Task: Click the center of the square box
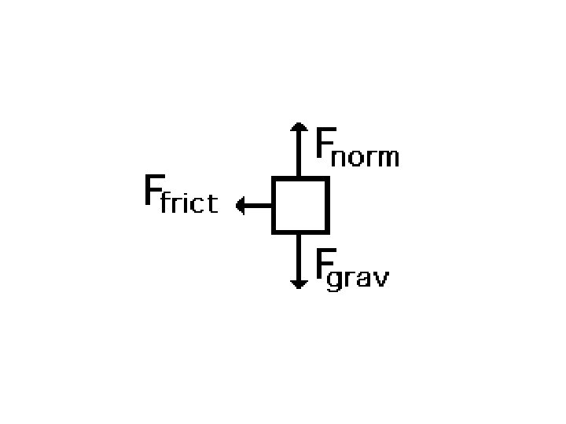pyautogui.click(x=300, y=205)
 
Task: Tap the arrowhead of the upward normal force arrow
pyautogui.click(x=299, y=127)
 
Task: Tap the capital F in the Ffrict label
pyautogui.click(x=151, y=191)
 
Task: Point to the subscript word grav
pyautogui.click(x=358, y=280)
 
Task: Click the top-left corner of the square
pyautogui.click(x=274, y=179)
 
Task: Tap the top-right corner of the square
pyautogui.click(x=326, y=179)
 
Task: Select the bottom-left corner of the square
pyautogui.click(x=274, y=231)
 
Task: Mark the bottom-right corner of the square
pyautogui.click(x=326, y=231)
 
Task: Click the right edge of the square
pyautogui.click(x=326, y=205)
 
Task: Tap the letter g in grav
pyautogui.click(x=334, y=281)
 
